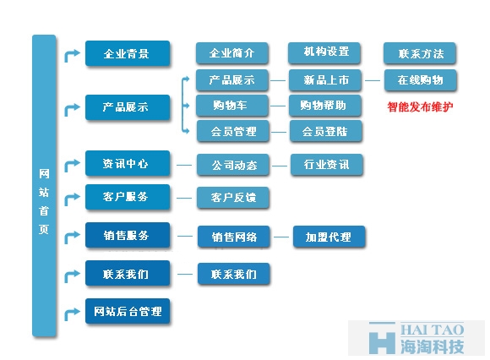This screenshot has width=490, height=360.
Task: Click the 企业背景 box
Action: point(128,53)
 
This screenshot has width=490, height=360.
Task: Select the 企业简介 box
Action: point(231,53)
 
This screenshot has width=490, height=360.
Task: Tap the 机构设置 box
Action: point(324,53)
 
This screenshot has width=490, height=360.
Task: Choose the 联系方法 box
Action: point(420,53)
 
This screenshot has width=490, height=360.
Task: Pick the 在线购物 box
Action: point(421,80)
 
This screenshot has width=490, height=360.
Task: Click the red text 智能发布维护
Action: point(420,106)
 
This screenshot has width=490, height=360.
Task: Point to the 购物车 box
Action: point(231,106)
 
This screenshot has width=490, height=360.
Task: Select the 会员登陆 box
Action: point(326,131)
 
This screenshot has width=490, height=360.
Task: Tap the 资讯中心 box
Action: point(128,163)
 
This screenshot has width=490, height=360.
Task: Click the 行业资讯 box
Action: point(327,165)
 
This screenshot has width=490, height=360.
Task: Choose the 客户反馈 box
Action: point(233,198)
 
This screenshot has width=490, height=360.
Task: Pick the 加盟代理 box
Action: point(329,237)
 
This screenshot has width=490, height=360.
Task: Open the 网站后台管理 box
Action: point(128,311)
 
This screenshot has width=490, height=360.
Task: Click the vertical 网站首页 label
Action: point(44,201)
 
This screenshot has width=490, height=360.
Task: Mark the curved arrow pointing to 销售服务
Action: point(72,237)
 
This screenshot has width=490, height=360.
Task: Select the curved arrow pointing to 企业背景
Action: point(72,55)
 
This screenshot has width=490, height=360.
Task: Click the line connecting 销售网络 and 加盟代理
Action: point(281,237)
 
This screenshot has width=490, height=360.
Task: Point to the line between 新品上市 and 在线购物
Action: point(373,80)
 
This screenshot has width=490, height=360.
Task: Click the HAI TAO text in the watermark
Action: point(433,330)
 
